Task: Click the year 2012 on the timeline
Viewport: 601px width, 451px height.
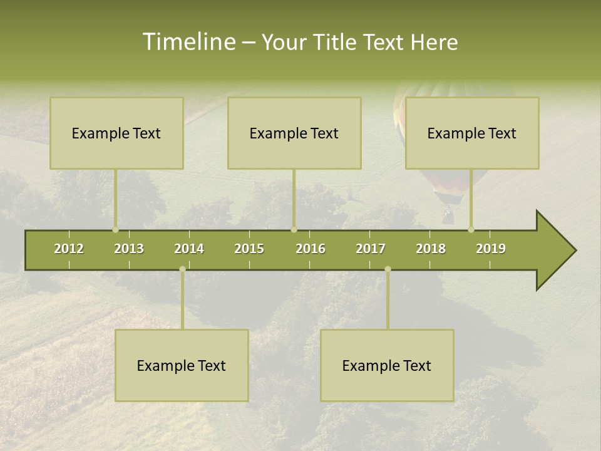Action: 69,249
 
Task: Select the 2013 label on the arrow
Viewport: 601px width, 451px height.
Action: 129,249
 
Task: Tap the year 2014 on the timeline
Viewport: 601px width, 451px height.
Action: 189,249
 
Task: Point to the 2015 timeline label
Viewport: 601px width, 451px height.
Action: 249,249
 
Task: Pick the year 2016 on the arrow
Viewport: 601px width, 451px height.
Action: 311,249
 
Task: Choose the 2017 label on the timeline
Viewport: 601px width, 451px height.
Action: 371,249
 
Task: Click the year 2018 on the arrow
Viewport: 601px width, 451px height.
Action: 431,249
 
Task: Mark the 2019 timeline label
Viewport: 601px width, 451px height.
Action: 491,249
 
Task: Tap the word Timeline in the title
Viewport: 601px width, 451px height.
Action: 188,42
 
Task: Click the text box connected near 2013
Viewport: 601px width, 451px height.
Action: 116,133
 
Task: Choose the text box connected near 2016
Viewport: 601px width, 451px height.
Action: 294,133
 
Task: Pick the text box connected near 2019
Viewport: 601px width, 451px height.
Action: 472,133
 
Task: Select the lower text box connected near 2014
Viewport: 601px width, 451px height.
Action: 182,365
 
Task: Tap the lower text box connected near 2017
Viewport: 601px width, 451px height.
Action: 387,365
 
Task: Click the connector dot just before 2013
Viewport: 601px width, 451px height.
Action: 115,229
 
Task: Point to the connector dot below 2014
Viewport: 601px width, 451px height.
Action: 182,269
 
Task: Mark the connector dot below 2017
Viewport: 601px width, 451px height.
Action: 388,269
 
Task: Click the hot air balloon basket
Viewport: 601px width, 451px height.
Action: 448,217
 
